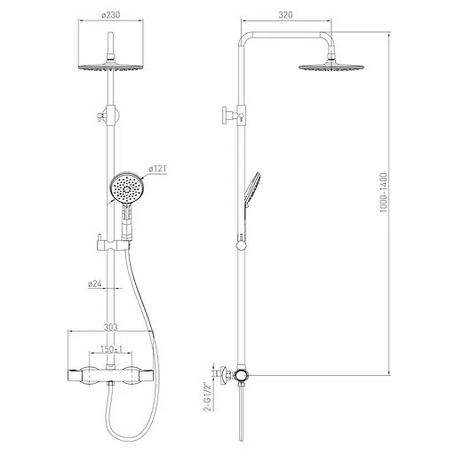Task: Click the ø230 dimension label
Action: (x=110, y=14)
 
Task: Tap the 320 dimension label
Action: (x=285, y=15)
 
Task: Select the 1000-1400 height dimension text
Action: (x=383, y=193)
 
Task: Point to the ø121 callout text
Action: (x=157, y=169)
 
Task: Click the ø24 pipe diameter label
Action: (x=95, y=283)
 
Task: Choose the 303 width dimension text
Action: (x=110, y=327)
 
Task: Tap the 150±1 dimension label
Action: (x=111, y=349)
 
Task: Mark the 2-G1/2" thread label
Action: (x=208, y=397)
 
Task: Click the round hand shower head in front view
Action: (x=127, y=188)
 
